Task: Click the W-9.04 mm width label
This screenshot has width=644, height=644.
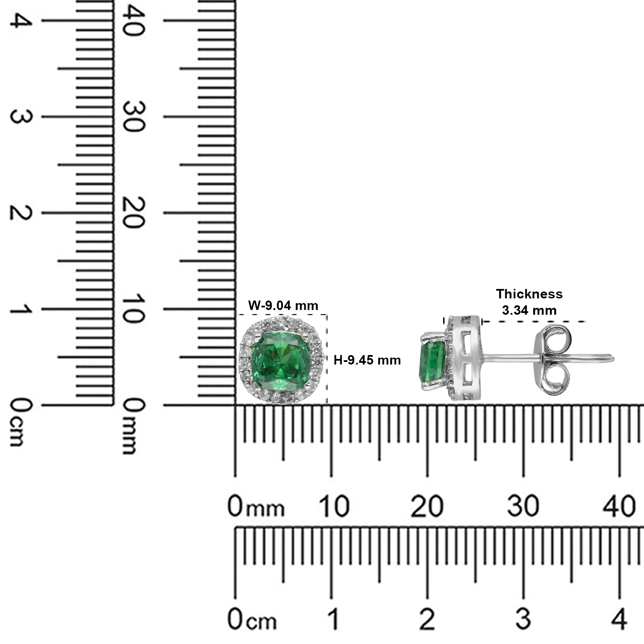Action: click(283, 305)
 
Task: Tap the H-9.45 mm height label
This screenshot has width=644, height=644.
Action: click(367, 360)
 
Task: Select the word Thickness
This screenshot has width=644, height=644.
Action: click(529, 294)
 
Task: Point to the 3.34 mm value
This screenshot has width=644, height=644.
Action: click(529, 310)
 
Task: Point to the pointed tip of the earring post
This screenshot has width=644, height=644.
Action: click(614, 357)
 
